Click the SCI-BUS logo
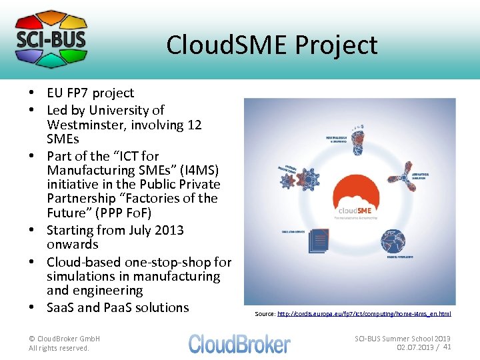click(51, 39)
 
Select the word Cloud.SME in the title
click(226, 45)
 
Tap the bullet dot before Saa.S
click(31, 307)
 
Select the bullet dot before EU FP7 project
click(31, 93)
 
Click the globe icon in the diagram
click(394, 241)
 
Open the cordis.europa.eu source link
click(364, 313)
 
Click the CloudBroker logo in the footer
click(239, 343)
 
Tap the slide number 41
click(447, 347)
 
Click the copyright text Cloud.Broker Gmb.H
click(65, 339)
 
